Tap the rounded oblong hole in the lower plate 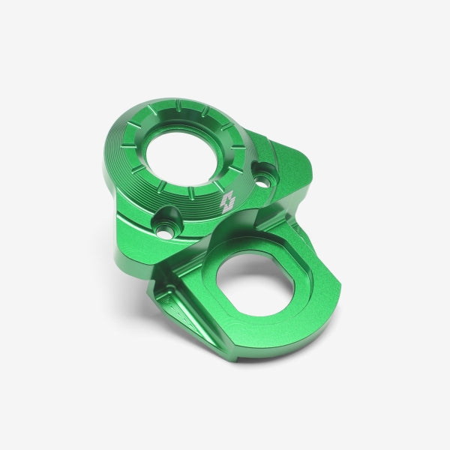255,283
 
